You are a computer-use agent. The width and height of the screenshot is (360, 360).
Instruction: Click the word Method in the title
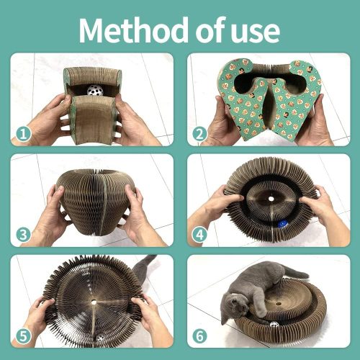tap(134, 30)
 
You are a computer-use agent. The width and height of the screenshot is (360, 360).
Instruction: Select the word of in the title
tap(210, 30)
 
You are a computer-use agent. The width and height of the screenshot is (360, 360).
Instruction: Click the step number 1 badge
tap(23, 134)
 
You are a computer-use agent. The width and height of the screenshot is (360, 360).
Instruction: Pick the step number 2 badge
tap(199, 134)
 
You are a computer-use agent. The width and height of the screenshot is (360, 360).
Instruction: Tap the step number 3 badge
tap(23, 235)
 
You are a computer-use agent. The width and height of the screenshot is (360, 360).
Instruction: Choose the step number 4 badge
tap(199, 235)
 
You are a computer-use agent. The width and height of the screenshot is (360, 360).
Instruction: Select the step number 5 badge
tap(23, 336)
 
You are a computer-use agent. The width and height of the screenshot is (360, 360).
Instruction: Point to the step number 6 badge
tap(199, 336)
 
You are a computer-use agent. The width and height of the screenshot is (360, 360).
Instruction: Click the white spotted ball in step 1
tap(95, 90)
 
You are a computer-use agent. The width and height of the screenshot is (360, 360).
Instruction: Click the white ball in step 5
tap(100, 338)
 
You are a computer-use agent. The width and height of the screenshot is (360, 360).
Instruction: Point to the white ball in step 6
tap(274, 325)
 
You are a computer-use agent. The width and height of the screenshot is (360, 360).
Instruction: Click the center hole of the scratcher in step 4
tap(271, 199)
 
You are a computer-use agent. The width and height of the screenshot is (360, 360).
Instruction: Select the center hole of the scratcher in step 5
tap(94, 302)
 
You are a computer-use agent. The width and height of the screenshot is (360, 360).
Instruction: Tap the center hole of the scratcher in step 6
tap(279, 304)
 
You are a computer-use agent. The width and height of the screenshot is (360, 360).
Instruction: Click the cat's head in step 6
tap(233, 307)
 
